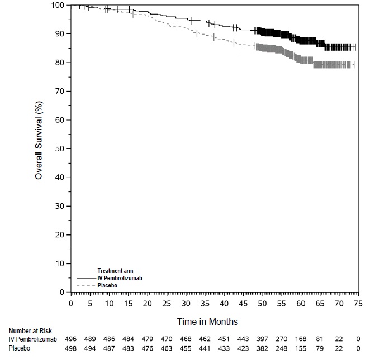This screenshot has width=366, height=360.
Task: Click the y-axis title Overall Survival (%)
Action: (39, 148)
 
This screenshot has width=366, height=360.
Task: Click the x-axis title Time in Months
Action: (207, 321)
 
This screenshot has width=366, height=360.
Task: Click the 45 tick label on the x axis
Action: (243, 303)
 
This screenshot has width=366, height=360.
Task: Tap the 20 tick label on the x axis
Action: (147, 303)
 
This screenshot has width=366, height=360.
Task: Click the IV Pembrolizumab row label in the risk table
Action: (33, 339)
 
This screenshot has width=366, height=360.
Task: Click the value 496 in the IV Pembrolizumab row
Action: (70, 339)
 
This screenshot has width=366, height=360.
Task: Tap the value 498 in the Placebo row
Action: (70, 348)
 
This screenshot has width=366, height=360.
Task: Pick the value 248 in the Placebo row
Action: (282, 348)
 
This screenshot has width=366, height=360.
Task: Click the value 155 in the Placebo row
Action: (301, 348)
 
